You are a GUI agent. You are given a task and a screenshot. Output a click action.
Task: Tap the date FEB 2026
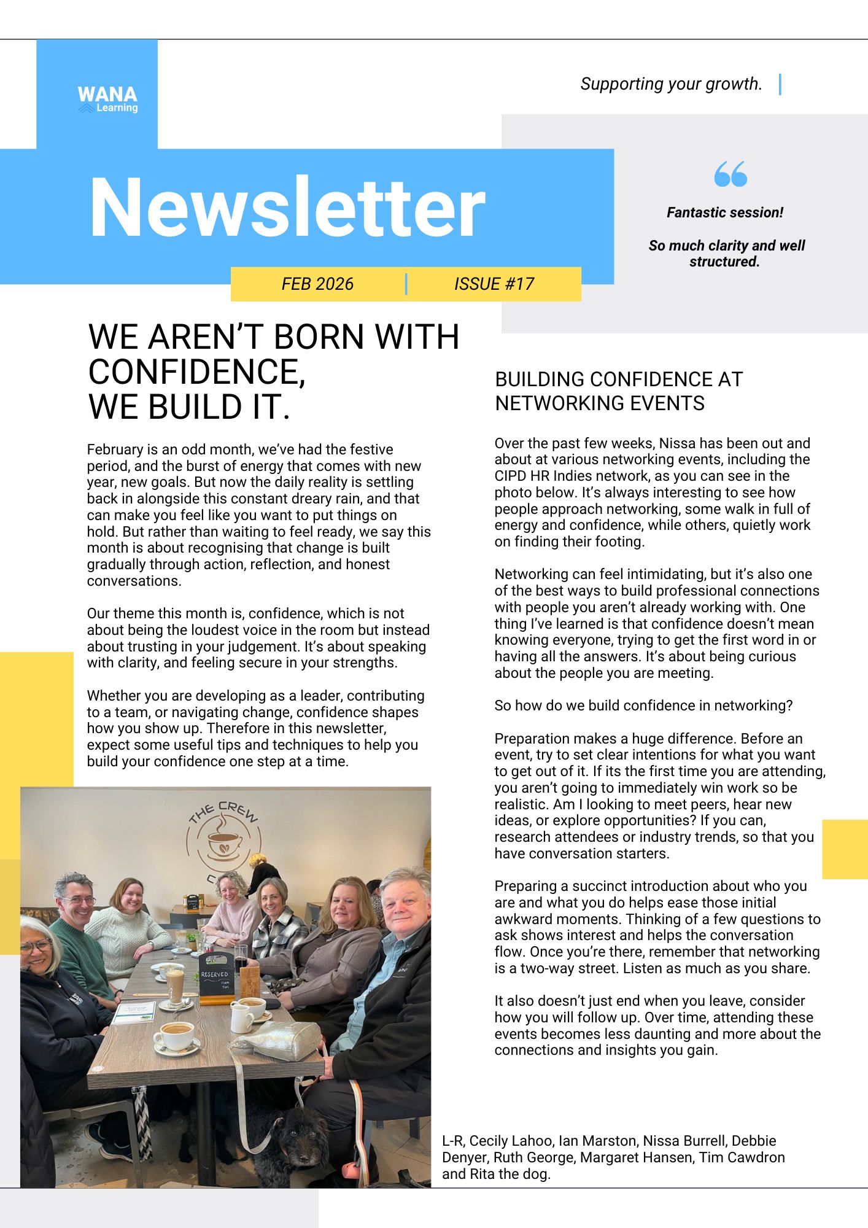pos(317,284)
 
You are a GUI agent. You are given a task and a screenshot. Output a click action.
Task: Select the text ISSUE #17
pos(494,284)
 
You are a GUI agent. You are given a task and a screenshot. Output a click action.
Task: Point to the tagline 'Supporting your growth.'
pos(671,84)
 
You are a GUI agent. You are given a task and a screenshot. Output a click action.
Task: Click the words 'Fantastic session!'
pos(724,212)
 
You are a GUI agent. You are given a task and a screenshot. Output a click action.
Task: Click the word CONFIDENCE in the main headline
pos(196,372)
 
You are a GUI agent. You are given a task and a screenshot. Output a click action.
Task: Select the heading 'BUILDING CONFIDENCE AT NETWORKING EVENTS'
pos(618,391)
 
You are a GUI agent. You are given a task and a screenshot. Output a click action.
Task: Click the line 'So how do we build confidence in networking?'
pos(643,705)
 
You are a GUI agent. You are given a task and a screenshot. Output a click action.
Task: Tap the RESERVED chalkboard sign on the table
pos(215,977)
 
